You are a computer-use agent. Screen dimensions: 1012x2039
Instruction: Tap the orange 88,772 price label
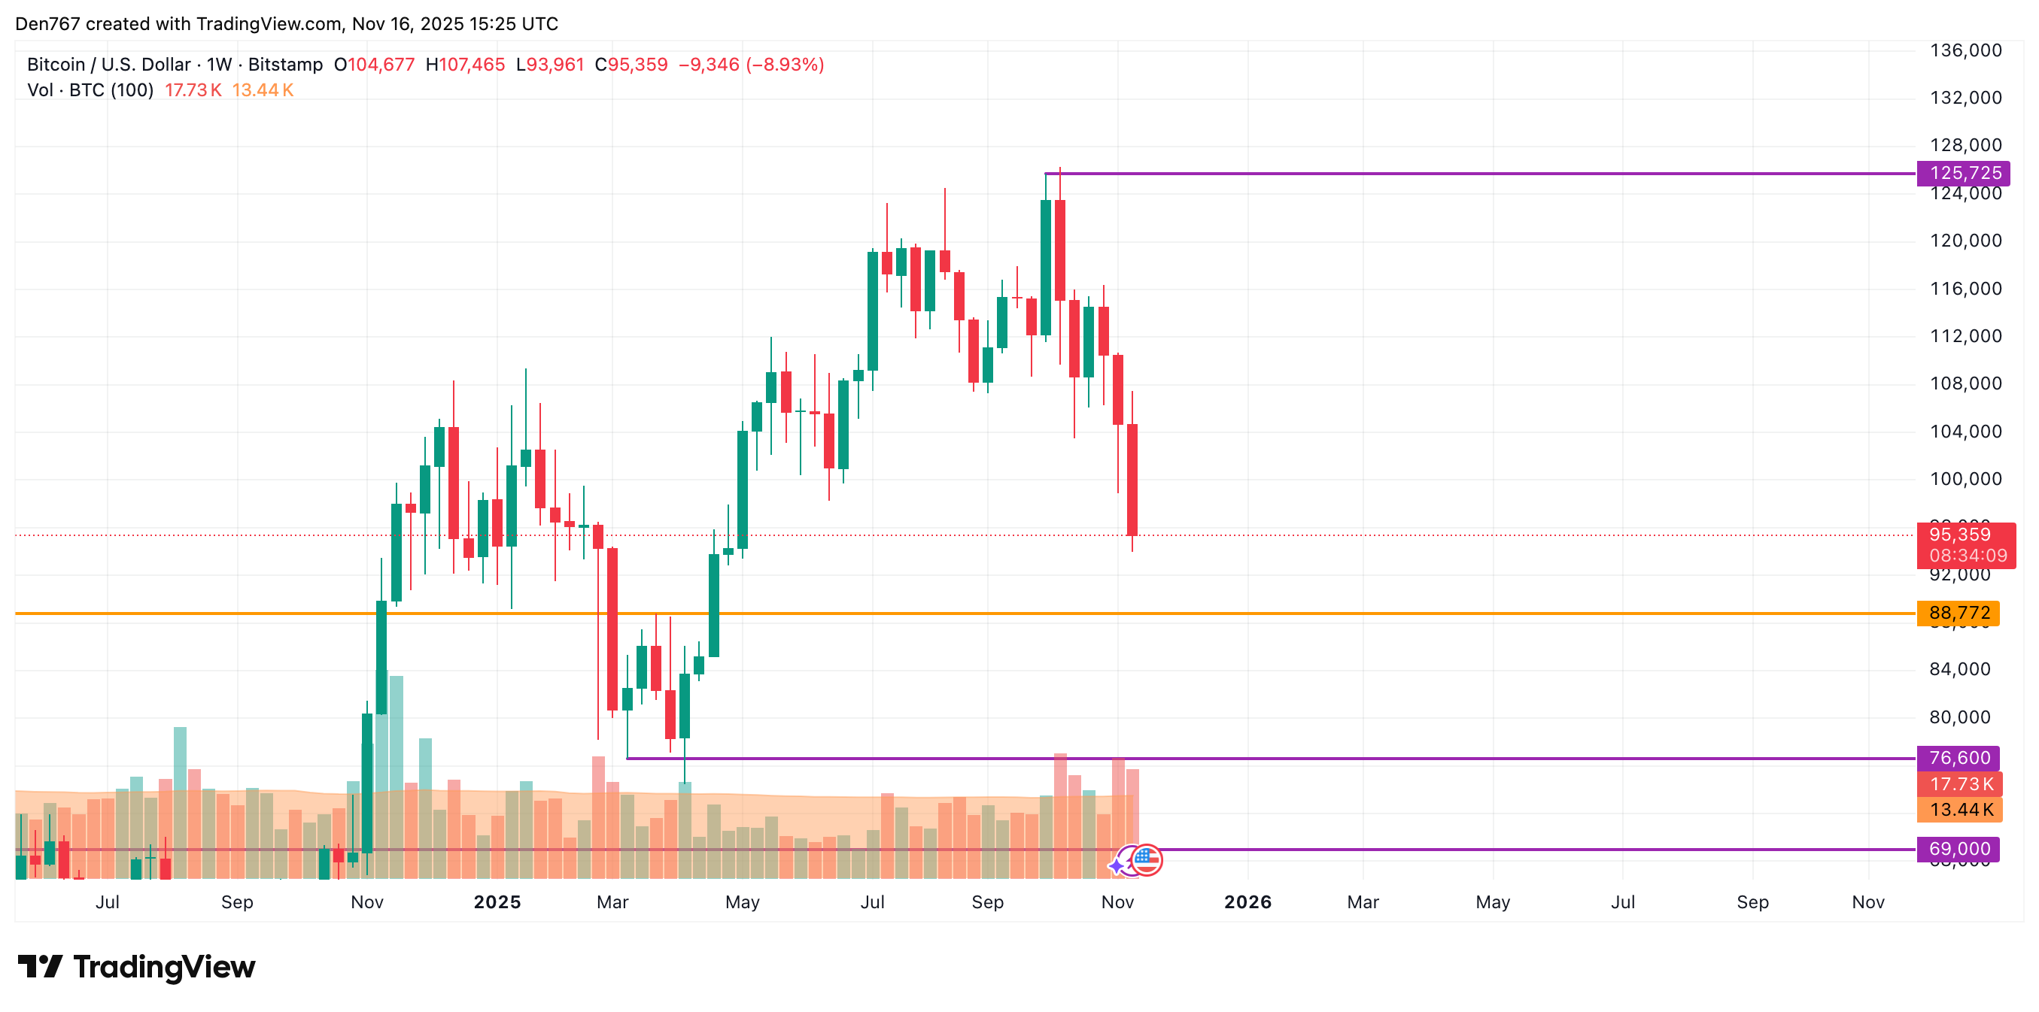point(1959,613)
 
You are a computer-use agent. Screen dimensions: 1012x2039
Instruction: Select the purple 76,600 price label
point(1959,757)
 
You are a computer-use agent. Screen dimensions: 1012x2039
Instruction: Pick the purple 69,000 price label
point(1959,848)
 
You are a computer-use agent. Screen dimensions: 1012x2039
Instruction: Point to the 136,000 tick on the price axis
point(1965,50)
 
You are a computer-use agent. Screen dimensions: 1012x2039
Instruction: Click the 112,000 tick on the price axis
point(1965,335)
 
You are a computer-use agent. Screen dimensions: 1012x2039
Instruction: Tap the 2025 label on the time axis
point(497,902)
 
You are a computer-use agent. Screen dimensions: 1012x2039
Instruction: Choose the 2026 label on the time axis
point(1247,902)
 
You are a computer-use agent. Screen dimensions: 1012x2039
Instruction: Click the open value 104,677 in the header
point(381,64)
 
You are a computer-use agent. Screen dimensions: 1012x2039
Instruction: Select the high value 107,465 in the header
point(472,64)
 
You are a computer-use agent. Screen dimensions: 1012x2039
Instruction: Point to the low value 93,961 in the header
point(555,64)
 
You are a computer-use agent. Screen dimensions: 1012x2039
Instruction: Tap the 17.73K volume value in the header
point(193,90)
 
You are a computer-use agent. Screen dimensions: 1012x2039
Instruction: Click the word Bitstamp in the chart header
point(285,64)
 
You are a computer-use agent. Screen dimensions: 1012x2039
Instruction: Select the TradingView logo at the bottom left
point(136,966)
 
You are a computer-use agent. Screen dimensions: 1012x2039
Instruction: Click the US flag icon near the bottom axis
point(1146,859)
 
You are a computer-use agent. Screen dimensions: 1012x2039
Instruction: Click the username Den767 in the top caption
point(47,24)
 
